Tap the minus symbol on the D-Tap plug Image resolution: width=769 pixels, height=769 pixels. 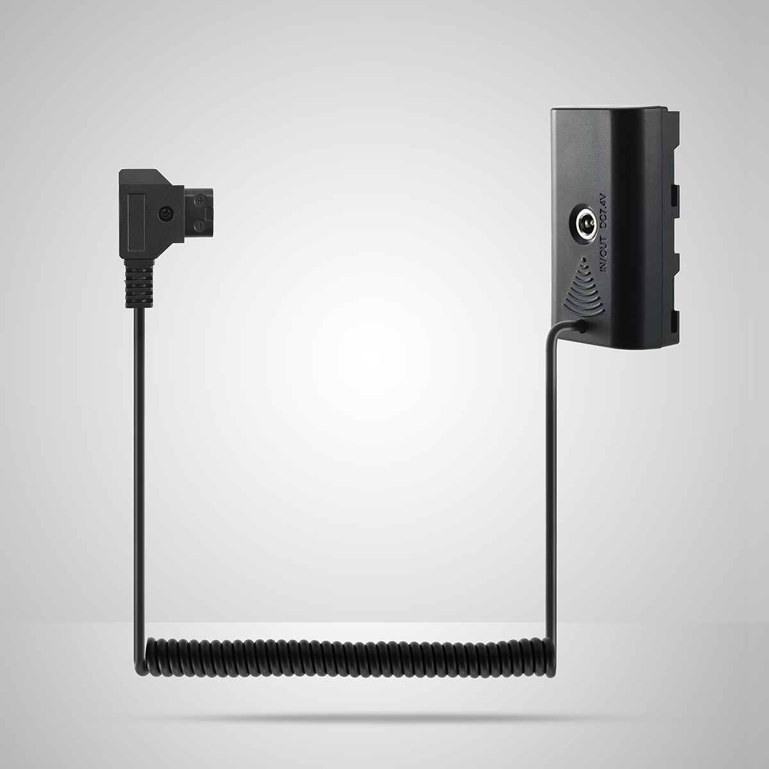point(199,226)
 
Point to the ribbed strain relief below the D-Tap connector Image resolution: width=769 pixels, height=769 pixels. point(139,283)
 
